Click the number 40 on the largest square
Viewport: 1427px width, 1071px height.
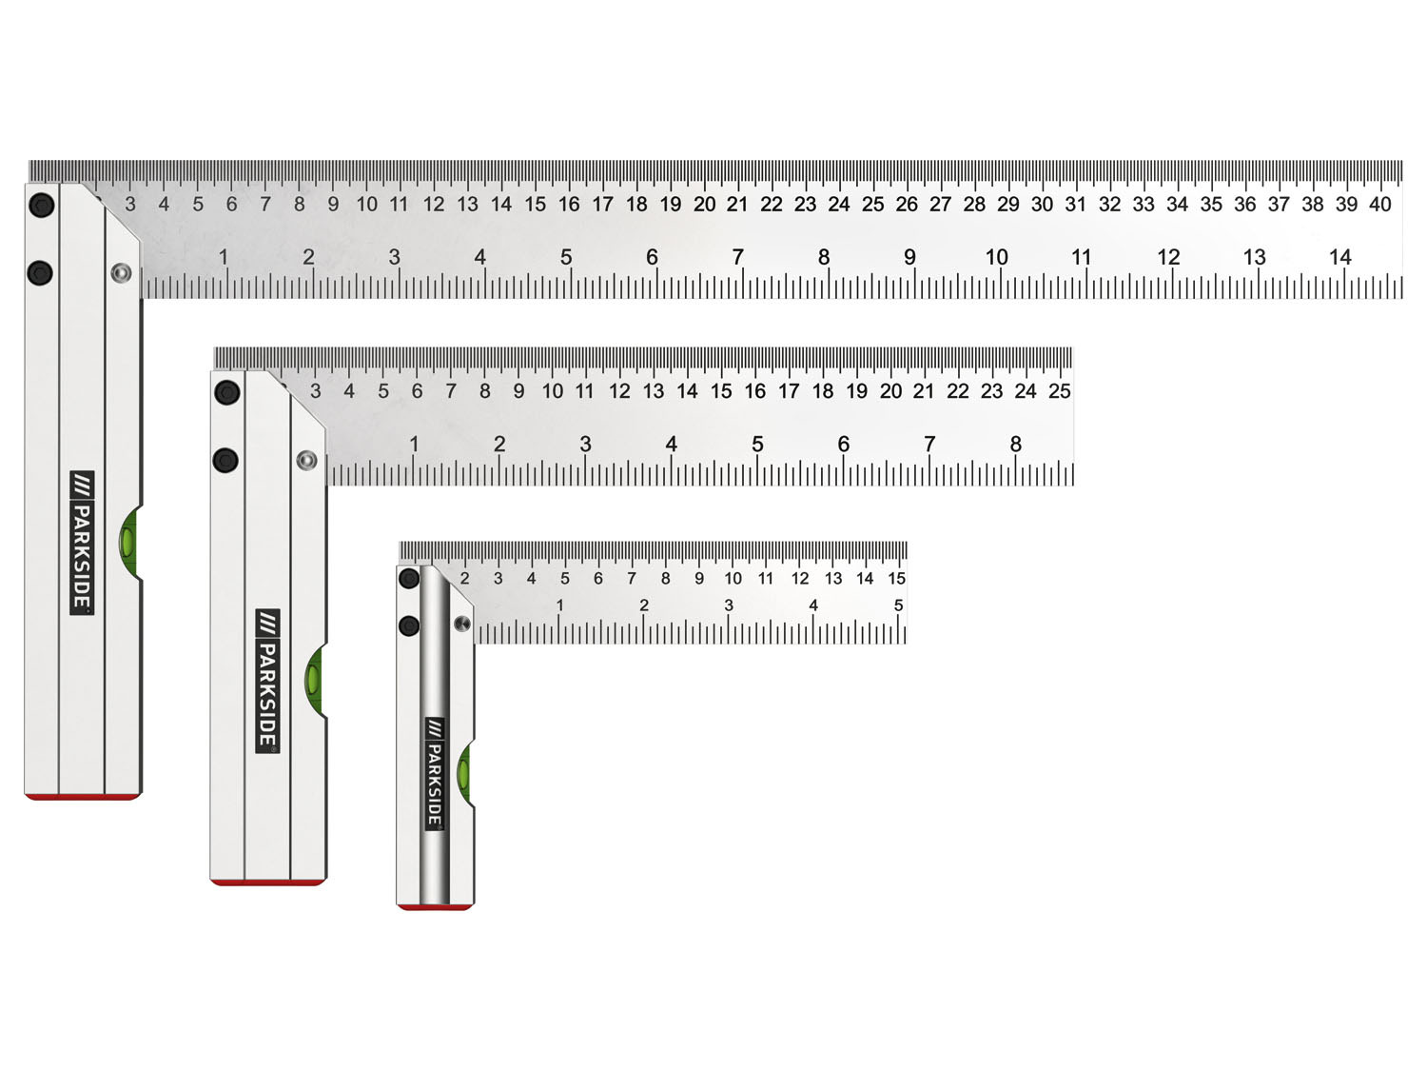pyautogui.click(x=1379, y=204)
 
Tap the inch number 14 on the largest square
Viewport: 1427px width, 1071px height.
pyautogui.click(x=1339, y=257)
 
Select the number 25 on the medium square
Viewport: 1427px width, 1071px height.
pyautogui.click(x=1059, y=391)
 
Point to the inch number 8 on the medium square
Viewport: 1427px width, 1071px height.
pyautogui.click(x=1015, y=445)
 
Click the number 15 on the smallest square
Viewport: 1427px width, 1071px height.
pyautogui.click(x=896, y=578)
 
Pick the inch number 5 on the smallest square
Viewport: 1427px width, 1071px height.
pyautogui.click(x=898, y=605)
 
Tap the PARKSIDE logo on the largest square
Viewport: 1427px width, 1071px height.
pyautogui.click(x=82, y=543)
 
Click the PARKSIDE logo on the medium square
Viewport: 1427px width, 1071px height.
pyautogui.click(x=268, y=681)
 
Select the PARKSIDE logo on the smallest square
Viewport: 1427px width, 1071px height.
pyautogui.click(x=434, y=774)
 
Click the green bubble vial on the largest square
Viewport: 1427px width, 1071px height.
pyautogui.click(x=130, y=541)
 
